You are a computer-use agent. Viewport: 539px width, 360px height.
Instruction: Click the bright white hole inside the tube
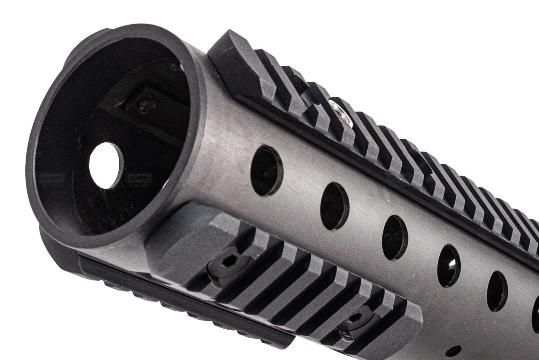pyautogui.click(x=106, y=165)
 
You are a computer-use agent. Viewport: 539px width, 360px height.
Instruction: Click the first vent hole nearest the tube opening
pyautogui.click(x=267, y=171)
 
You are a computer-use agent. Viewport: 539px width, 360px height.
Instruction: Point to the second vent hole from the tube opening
pyautogui.click(x=335, y=206)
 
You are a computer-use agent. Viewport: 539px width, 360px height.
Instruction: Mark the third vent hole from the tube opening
pyautogui.click(x=395, y=237)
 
